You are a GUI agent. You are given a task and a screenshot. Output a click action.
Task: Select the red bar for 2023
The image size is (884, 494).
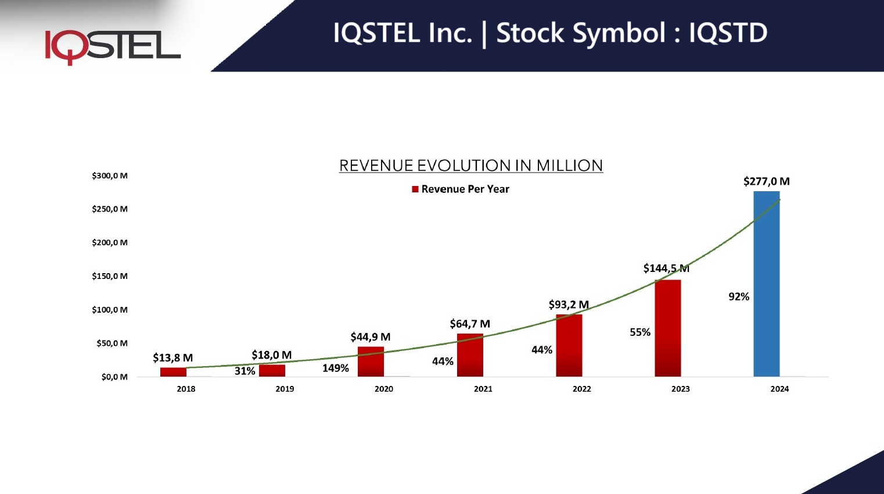667,328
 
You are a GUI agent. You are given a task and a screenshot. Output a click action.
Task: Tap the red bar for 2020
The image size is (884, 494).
371,361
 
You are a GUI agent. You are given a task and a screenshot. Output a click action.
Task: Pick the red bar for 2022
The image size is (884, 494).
569,346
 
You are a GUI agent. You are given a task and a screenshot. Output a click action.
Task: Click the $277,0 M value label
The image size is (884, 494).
766,181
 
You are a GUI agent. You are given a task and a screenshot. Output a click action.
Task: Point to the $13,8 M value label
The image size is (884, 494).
173,357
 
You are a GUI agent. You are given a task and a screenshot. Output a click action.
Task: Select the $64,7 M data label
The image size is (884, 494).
470,324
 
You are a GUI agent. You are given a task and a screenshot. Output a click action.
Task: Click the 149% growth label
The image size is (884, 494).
336,368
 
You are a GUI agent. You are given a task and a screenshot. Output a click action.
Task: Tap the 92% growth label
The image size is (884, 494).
739,296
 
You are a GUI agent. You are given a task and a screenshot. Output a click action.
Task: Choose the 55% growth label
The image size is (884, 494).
640,332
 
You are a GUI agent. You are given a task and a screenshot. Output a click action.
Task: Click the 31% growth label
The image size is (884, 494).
245,371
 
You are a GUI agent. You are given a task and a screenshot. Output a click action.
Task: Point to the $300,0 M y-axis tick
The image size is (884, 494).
110,176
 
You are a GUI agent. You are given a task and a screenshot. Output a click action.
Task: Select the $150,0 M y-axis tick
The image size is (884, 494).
110,276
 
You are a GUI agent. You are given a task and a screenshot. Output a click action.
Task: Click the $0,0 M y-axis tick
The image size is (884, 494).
114,377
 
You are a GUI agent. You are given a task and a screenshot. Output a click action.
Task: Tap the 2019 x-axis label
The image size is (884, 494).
285,389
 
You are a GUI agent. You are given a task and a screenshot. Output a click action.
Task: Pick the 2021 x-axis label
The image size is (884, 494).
483,389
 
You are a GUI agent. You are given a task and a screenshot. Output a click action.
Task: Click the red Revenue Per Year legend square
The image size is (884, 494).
415,189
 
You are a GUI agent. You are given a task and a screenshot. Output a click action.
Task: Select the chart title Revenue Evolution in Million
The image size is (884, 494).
470,166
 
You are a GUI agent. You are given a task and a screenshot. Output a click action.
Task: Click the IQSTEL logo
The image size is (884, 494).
113,46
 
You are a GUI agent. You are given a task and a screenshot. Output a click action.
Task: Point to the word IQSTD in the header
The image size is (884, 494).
728,33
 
